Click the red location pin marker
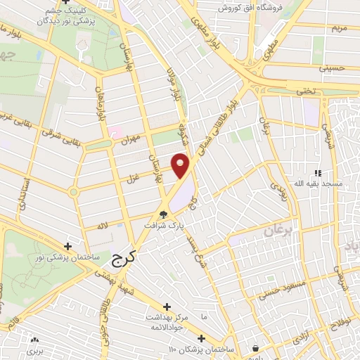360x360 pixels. coord(181,165)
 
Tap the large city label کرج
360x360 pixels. coord(122,259)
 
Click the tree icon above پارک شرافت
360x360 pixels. coord(164,215)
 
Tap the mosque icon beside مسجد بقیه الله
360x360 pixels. coord(318,173)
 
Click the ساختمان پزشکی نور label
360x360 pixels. coord(68,258)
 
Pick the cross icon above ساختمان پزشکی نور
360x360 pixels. coord(67,247)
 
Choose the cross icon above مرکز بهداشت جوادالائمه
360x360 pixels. coord(167,307)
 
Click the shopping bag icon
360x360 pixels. coord(255,348)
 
